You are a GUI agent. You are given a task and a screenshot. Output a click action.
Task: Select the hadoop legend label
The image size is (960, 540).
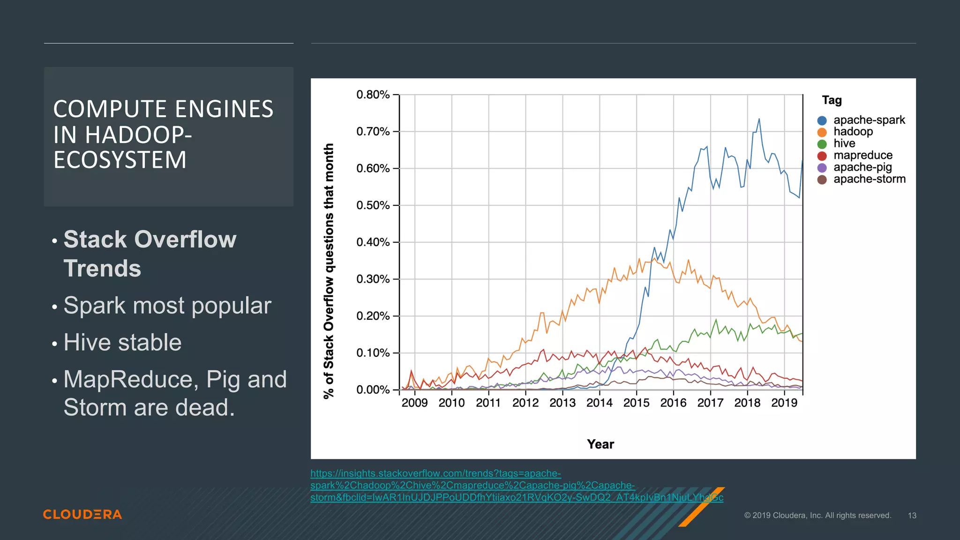tap(853, 132)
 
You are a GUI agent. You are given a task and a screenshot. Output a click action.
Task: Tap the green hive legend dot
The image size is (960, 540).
tap(822, 144)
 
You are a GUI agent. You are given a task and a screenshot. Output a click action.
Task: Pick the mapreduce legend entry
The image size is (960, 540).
tap(862, 155)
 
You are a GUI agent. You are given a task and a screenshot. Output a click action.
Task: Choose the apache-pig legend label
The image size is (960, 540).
tap(862, 167)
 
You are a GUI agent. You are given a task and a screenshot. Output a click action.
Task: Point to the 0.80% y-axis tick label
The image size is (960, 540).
tap(373, 95)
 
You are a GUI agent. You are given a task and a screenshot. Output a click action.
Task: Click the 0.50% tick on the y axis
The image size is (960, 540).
tap(373, 205)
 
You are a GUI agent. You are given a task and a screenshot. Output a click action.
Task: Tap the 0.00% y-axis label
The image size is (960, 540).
tap(373, 390)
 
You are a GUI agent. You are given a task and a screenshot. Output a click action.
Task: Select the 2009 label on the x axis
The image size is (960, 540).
tap(414, 403)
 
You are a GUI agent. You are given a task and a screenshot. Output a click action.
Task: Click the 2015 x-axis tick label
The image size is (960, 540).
tap(636, 403)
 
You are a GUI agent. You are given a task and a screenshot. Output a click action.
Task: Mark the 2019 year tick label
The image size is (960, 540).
tap(784, 403)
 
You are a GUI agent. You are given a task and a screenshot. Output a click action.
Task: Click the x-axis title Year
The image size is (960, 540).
tap(600, 444)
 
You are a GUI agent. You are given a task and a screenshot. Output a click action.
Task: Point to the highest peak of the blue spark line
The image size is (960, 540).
tap(759, 119)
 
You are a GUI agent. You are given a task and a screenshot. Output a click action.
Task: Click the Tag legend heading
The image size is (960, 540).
tap(832, 100)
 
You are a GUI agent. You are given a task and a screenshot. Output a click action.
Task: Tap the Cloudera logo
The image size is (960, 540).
tap(82, 514)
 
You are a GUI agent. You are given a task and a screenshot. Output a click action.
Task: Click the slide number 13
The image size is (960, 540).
tap(912, 516)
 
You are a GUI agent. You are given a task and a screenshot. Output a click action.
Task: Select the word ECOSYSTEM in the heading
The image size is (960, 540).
tap(120, 160)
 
